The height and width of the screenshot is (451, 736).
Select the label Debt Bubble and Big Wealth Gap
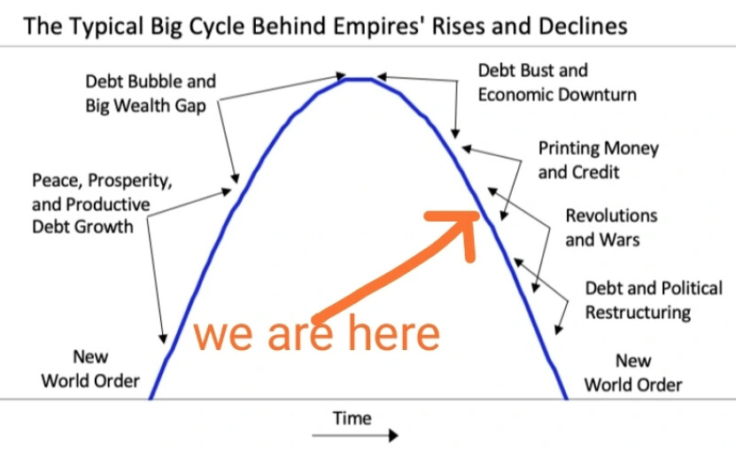point(151,94)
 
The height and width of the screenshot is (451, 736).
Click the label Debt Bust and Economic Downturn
point(557,82)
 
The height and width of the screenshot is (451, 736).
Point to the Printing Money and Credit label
point(599,160)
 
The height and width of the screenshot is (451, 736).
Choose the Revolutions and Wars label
point(611,228)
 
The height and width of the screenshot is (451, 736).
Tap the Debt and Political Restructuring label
point(654,300)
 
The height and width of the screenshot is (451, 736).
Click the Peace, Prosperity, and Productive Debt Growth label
point(102,204)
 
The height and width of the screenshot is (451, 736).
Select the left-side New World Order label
point(90,369)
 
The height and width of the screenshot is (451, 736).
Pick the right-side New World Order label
point(633,373)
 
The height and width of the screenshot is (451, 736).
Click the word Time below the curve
point(352,418)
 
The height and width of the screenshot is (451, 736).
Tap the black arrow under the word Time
point(355,436)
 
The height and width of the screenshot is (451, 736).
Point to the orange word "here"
point(393,332)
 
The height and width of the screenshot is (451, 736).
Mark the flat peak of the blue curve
point(359,80)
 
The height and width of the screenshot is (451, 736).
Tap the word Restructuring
point(638,313)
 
